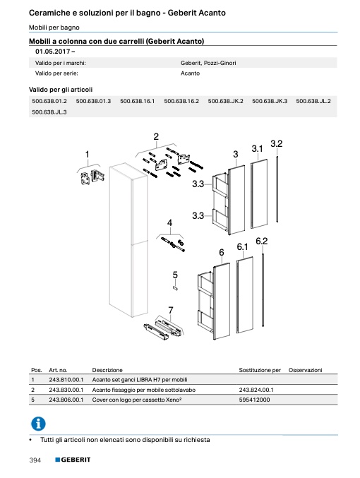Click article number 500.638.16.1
click(x=137, y=101)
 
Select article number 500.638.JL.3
click(x=49, y=112)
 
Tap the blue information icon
click(x=38, y=424)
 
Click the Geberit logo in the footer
click(x=73, y=460)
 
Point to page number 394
click(x=35, y=460)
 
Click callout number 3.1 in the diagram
click(x=257, y=149)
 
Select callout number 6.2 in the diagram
click(x=262, y=241)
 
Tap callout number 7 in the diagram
click(x=171, y=311)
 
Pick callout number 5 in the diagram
click(x=175, y=275)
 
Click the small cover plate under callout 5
click(x=176, y=288)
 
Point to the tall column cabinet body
click(x=128, y=241)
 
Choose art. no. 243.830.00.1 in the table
click(x=66, y=390)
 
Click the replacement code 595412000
click(x=255, y=400)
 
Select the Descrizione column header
click(x=107, y=370)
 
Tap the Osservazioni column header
click(x=305, y=370)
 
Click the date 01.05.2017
click(x=53, y=52)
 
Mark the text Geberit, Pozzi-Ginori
click(x=208, y=63)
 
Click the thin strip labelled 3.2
click(x=277, y=189)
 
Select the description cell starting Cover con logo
click(x=137, y=400)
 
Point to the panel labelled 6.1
click(x=245, y=295)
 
